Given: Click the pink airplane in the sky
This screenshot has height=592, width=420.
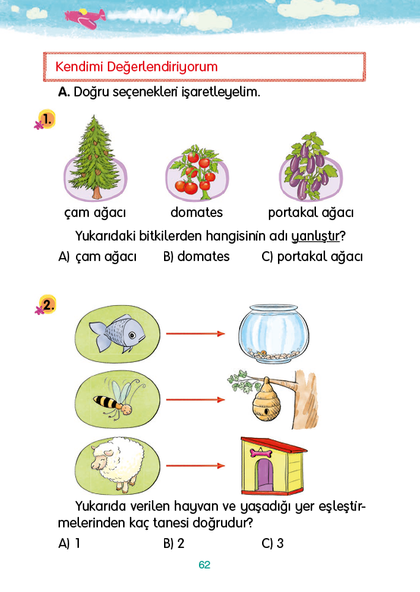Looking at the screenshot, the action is click(x=85, y=17).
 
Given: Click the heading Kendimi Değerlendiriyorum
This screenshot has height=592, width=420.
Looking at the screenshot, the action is click(x=137, y=67).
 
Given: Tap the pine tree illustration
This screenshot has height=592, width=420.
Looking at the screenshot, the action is click(x=96, y=157).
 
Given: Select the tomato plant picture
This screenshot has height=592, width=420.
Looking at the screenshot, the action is click(x=196, y=172).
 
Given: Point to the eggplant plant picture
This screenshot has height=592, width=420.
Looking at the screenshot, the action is click(x=311, y=165).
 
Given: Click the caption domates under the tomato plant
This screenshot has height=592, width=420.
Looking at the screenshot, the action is click(x=197, y=213).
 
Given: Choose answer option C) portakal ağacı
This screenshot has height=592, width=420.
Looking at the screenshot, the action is click(x=312, y=257).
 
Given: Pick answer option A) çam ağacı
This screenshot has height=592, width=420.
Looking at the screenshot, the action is click(x=97, y=257).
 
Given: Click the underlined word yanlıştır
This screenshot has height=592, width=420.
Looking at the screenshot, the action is click(x=315, y=236).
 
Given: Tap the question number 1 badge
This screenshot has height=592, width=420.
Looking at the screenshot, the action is click(x=47, y=119).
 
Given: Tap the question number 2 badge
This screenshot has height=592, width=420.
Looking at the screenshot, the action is click(x=47, y=304).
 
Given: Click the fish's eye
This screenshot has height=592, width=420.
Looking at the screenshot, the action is click(x=132, y=335).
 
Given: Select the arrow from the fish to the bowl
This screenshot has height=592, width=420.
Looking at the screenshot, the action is click(x=195, y=333).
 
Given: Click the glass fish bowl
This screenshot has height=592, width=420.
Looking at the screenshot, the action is click(x=274, y=334).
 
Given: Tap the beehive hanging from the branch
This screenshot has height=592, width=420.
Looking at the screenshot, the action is click(x=266, y=400).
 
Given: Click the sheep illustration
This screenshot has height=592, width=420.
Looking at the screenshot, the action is click(x=118, y=464).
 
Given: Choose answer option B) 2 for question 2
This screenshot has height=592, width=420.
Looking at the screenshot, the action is click(x=174, y=543).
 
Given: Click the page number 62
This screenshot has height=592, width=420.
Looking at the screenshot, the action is click(x=204, y=565).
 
